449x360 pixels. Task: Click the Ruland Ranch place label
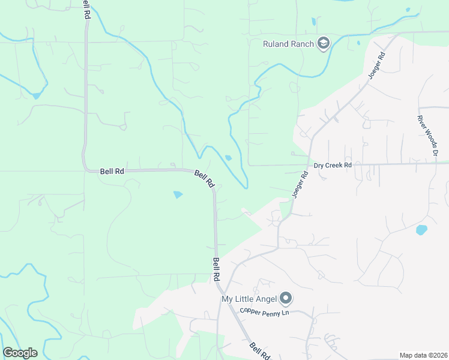(x=289, y=43)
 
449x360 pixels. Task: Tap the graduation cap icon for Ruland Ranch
(x=324, y=43)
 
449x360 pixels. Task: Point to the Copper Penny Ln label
(x=265, y=312)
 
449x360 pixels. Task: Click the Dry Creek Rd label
(x=333, y=165)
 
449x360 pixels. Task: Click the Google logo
(x=20, y=353)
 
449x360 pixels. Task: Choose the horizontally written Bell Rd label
(x=112, y=171)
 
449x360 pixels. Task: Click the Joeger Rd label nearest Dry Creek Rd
(x=300, y=184)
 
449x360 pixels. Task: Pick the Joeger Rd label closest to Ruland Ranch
(x=376, y=67)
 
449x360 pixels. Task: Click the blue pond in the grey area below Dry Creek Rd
(x=421, y=230)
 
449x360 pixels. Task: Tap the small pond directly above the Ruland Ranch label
(x=313, y=22)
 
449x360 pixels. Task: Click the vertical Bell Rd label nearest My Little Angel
(x=215, y=270)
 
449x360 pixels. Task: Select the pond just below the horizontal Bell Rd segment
(x=178, y=194)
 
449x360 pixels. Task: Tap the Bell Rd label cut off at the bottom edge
(x=260, y=352)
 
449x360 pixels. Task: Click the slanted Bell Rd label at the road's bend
(x=204, y=179)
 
